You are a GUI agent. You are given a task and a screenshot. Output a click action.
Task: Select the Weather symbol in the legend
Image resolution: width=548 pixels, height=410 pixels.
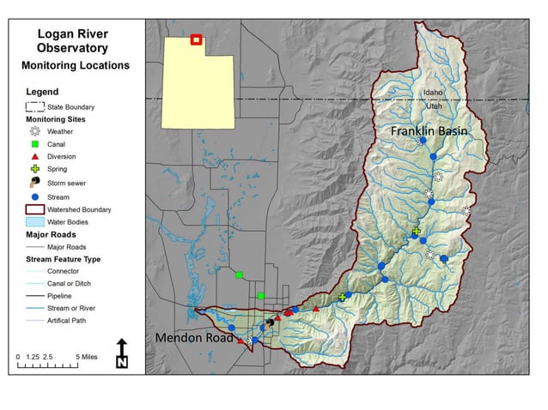34,132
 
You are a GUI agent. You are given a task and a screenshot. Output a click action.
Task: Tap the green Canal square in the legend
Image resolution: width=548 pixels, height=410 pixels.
34,145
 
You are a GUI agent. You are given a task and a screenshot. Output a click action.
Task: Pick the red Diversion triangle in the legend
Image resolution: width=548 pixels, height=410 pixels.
34,157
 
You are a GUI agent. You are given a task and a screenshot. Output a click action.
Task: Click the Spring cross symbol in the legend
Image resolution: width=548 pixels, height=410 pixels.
34,170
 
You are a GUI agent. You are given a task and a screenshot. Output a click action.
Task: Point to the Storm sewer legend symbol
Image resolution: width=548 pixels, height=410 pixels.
34,183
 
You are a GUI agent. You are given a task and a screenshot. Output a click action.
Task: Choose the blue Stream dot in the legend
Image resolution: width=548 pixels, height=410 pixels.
34,196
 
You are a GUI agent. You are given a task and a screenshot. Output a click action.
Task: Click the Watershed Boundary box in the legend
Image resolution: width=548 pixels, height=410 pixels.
34,208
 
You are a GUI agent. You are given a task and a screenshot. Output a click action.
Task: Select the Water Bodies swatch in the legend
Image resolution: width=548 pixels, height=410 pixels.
34,221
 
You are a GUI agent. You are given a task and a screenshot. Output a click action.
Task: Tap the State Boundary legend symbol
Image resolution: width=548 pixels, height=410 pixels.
34,107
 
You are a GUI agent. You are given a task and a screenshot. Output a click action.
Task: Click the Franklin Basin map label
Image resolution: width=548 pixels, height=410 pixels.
429,131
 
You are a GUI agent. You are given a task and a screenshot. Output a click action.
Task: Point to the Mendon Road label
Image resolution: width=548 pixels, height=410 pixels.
194,338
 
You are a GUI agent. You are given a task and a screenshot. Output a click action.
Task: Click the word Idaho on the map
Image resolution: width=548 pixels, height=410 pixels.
432,92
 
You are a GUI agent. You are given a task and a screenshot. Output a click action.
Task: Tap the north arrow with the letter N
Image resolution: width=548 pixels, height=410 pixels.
122,353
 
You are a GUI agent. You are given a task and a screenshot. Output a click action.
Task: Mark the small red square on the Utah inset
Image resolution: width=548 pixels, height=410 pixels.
196,39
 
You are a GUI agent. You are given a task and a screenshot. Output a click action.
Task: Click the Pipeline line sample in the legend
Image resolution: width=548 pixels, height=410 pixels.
35,296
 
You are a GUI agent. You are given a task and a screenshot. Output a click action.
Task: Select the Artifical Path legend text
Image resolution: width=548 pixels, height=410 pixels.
73,321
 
